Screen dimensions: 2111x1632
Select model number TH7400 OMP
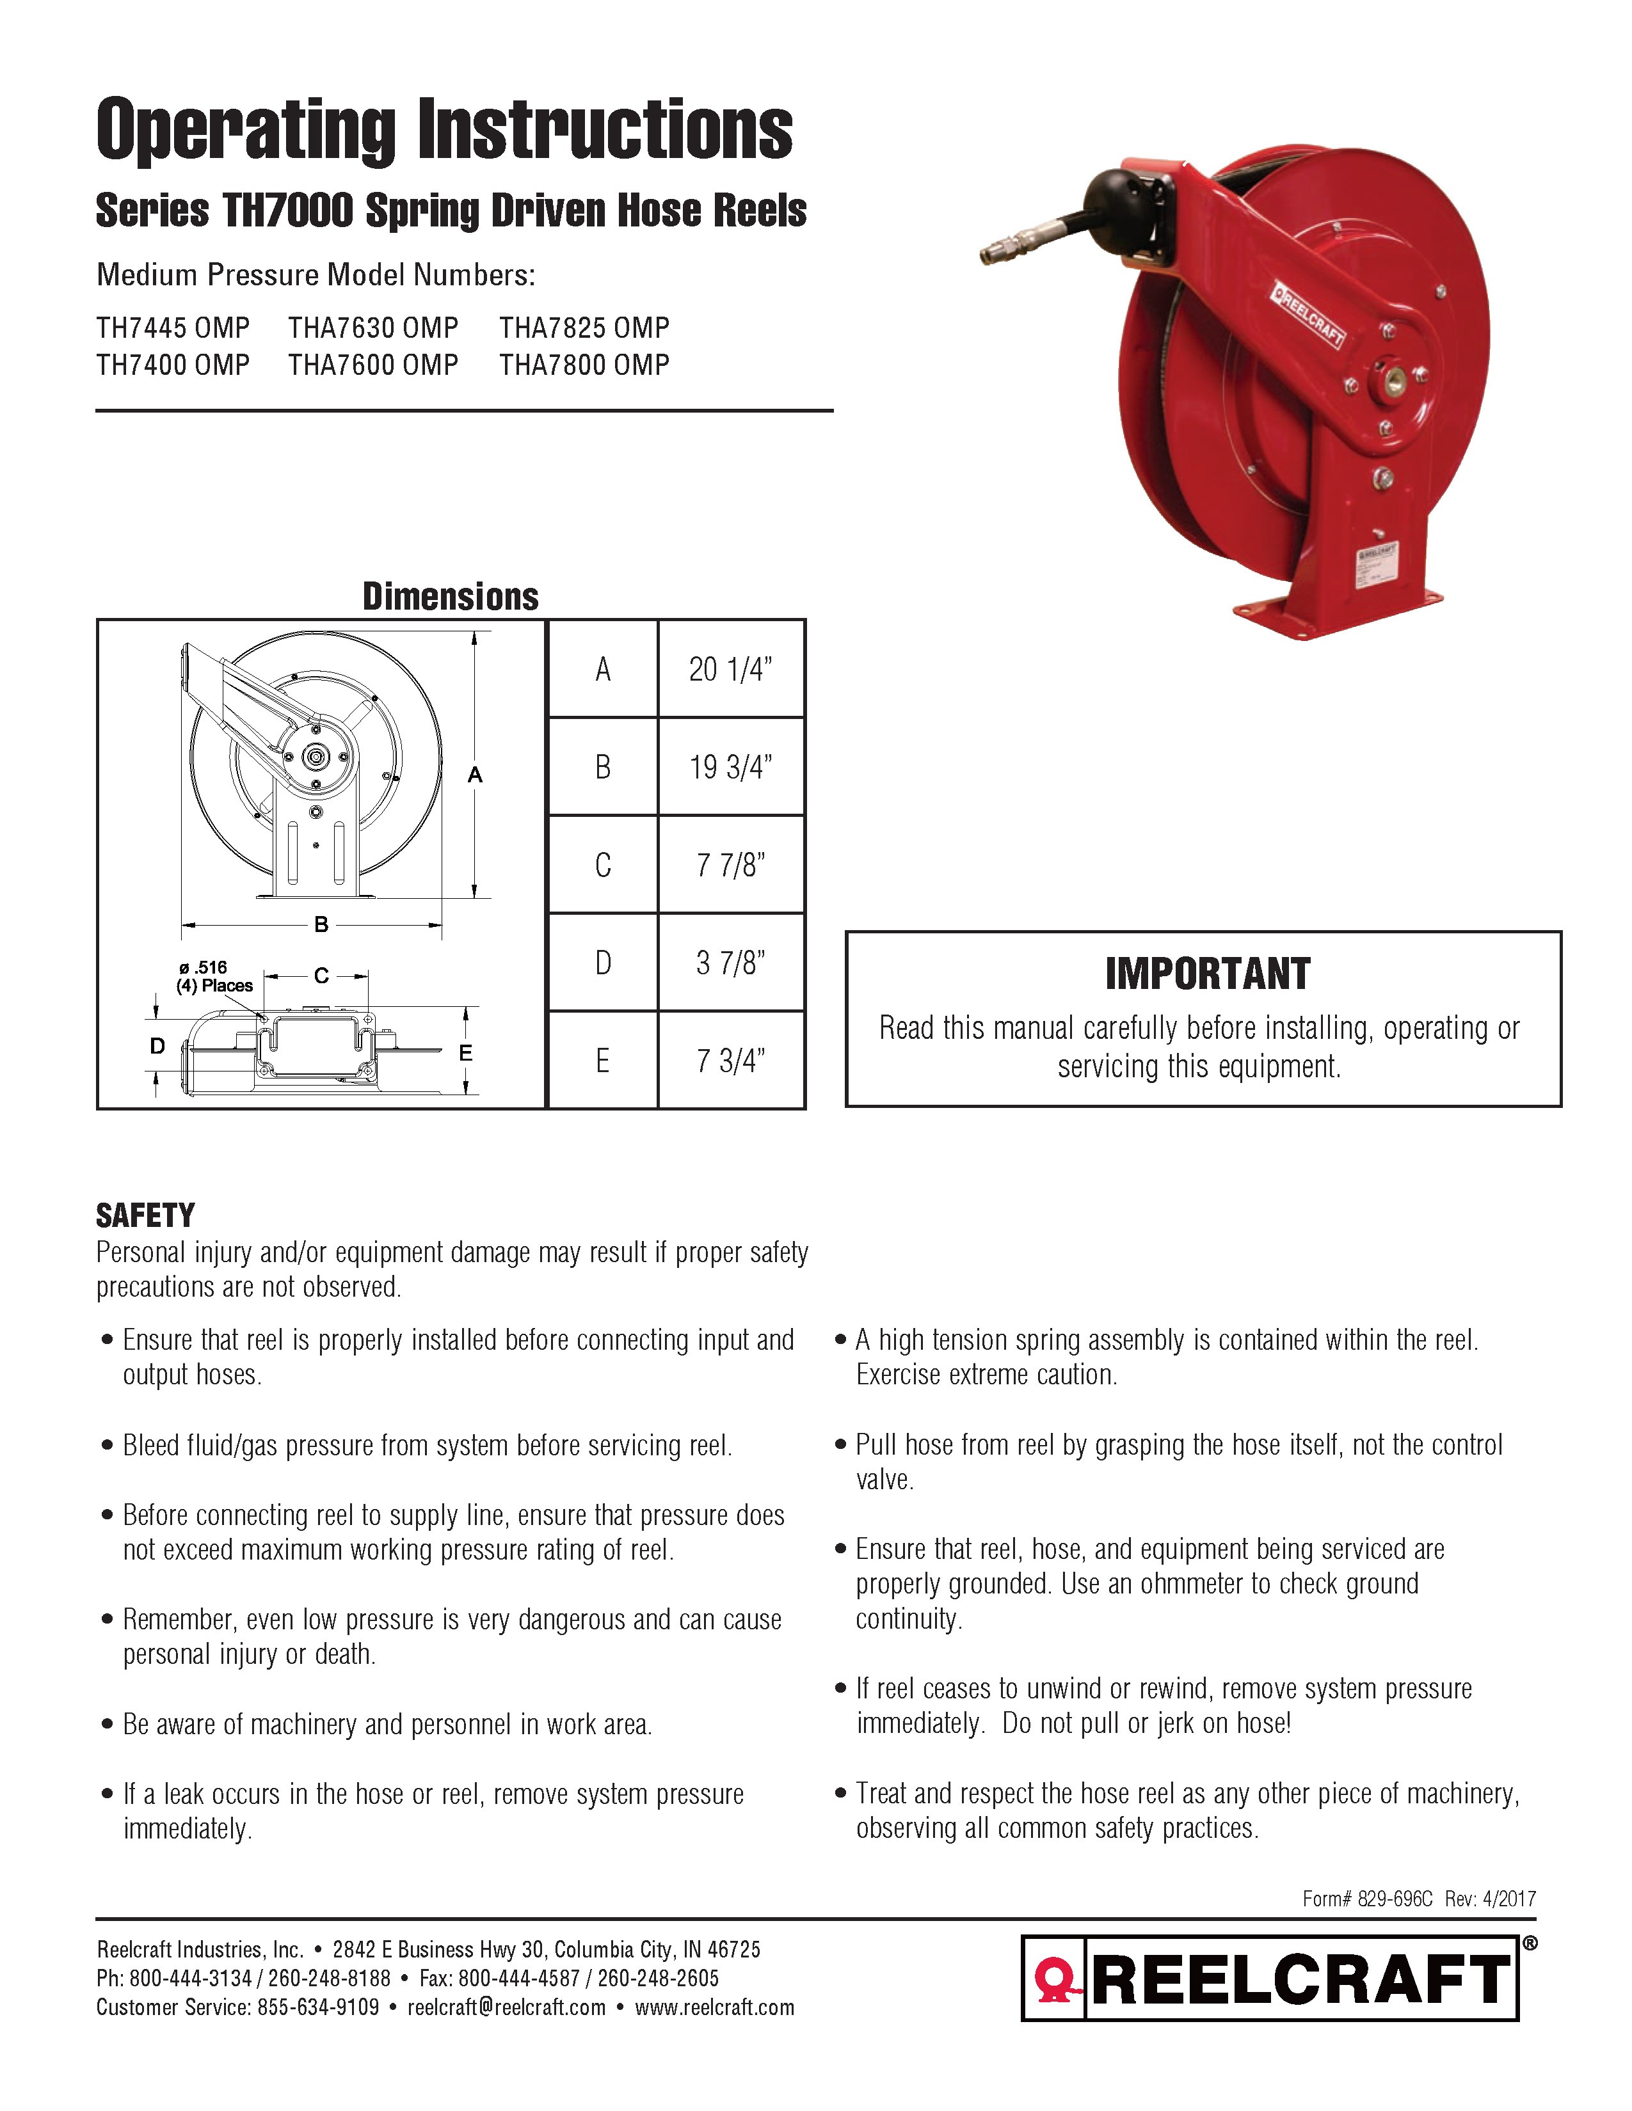coord(173,365)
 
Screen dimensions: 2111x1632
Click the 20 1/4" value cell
coord(731,669)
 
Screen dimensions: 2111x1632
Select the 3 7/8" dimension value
coord(731,963)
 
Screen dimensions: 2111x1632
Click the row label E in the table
coord(602,1061)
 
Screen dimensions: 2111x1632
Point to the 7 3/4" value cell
coord(731,1061)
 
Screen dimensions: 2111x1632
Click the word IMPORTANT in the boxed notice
coord(1208,974)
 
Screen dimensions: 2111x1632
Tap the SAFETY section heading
coord(145,1215)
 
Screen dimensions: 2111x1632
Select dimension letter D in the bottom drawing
coord(157,1046)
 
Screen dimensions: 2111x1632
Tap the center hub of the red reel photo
coord(1393,380)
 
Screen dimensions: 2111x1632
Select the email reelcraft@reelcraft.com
coord(507,2007)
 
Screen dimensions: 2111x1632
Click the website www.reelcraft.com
coord(714,2007)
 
